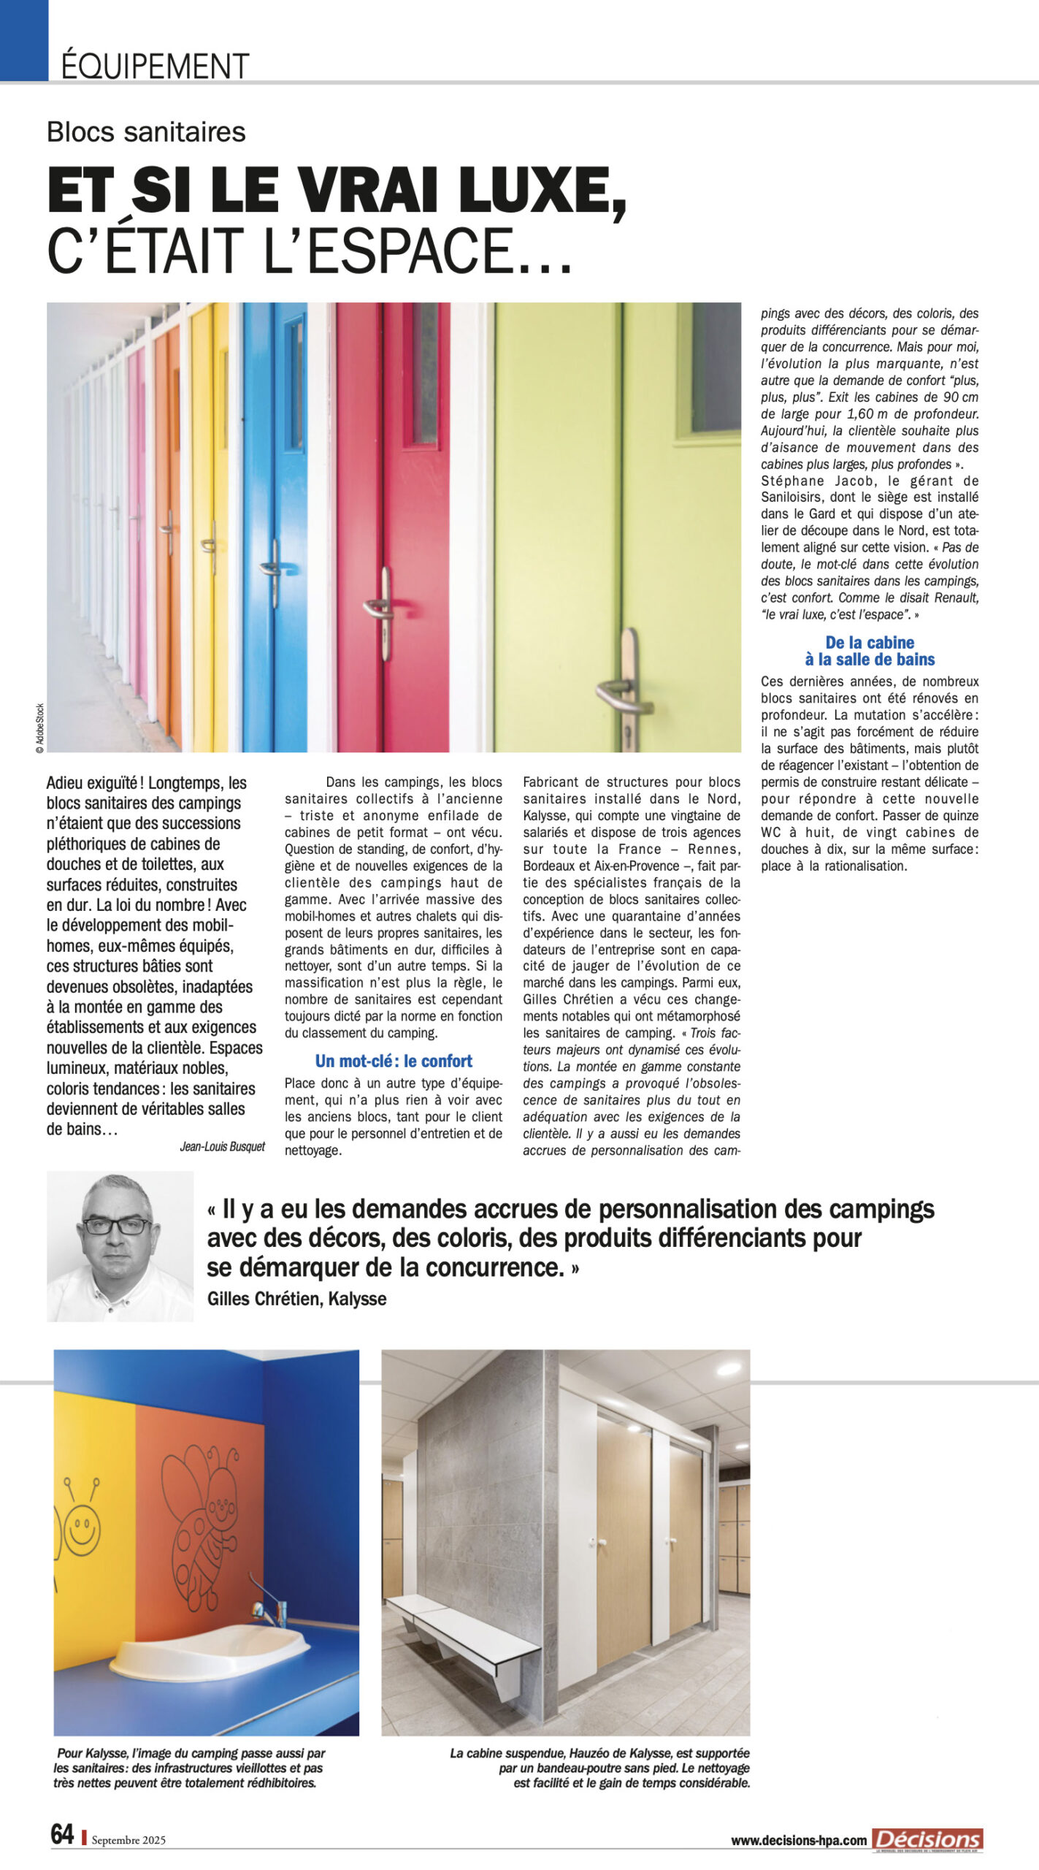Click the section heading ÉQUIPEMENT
click(155, 66)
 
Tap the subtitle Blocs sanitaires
click(146, 131)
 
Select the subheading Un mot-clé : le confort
click(394, 1061)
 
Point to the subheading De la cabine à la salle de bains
click(870, 651)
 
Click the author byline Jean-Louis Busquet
click(222, 1146)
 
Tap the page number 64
click(62, 1833)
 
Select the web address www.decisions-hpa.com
click(799, 1841)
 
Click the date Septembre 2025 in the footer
click(129, 1840)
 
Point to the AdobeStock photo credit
click(40, 728)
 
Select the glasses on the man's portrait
click(118, 1226)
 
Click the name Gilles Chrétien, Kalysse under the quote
click(296, 1299)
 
